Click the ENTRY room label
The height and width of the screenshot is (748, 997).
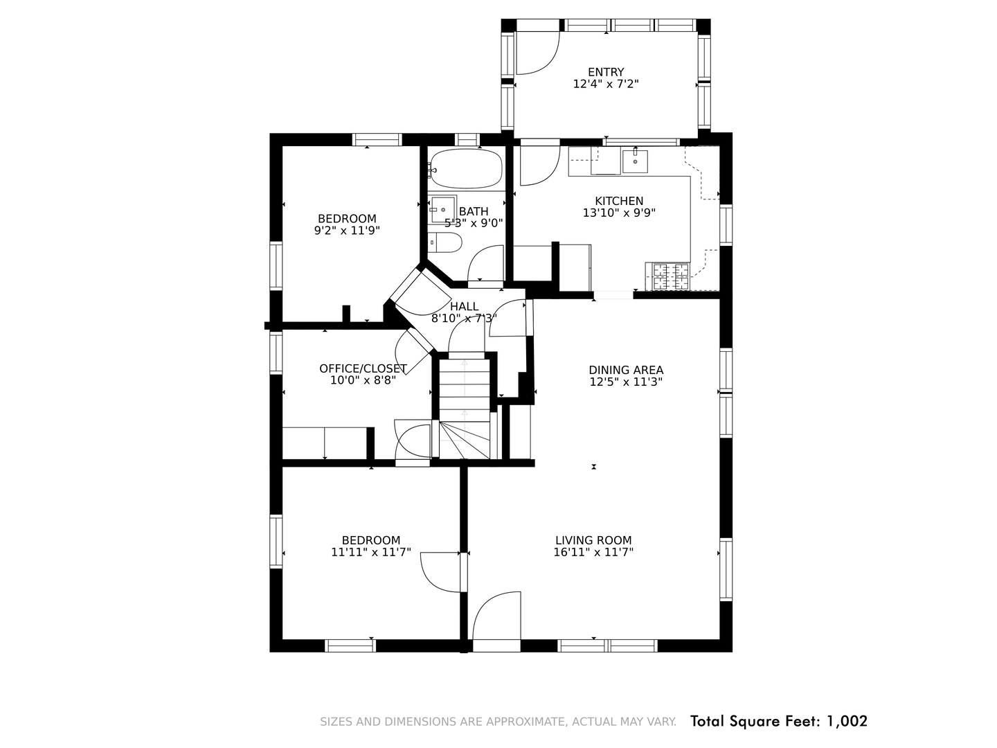tap(605, 72)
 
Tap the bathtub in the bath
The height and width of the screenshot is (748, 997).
tap(466, 168)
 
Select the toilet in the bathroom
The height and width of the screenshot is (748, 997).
tap(444, 242)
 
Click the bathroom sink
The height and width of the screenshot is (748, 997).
tap(443, 209)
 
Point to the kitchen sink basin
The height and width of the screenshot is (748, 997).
tap(634, 161)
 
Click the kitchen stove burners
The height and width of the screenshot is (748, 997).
tap(671, 276)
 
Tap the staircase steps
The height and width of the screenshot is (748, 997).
tap(465, 409)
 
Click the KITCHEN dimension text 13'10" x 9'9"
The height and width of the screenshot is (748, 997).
tap(619, 213)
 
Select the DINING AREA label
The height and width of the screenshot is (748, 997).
tap(626, 370)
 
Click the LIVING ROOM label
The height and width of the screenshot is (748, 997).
tap(593, 540)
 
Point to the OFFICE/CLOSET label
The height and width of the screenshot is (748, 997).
tap(363, 368)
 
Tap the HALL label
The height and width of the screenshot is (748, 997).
tap(464, 307)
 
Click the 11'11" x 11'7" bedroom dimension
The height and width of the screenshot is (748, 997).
tap(371, 552)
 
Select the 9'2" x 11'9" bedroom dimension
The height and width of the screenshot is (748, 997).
tap(347, 231)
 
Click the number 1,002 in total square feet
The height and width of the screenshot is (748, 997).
tap(847, 721)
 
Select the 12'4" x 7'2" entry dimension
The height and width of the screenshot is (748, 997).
tap(605, 84)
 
